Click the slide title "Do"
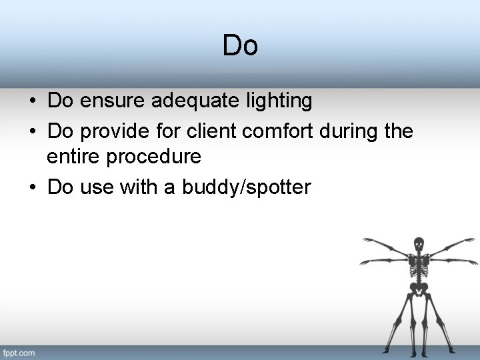point(240,46)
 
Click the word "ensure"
point(113,101)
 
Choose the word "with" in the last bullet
point(137,187)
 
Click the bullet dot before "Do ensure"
point(32,102)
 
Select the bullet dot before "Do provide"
point(32,131)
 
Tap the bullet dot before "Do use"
point(32,187)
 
